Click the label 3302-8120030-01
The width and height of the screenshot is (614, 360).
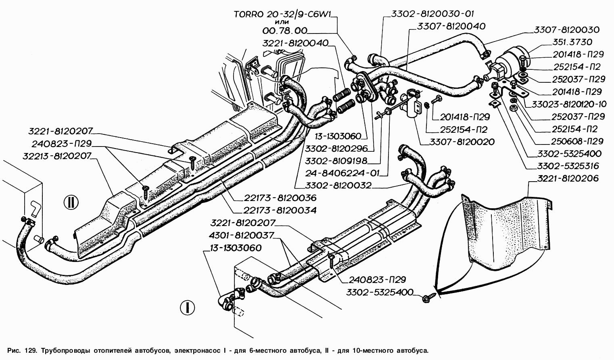432,14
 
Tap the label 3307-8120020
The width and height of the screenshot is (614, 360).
462,142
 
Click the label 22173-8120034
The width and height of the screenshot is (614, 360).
280,210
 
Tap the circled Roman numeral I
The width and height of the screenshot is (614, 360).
187,308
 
